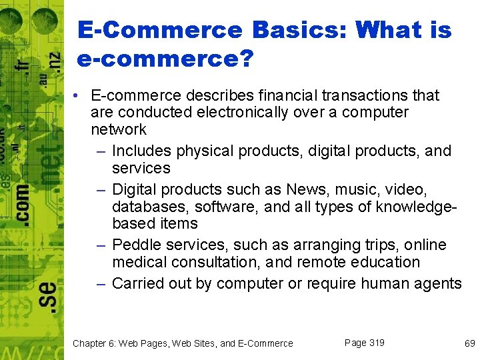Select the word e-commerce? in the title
(x=165, y=59)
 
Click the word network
(x=119, y=129)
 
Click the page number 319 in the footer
(x=376, y=343)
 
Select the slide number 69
(x=469, y=343)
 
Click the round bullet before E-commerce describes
(x=78, y=96)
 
